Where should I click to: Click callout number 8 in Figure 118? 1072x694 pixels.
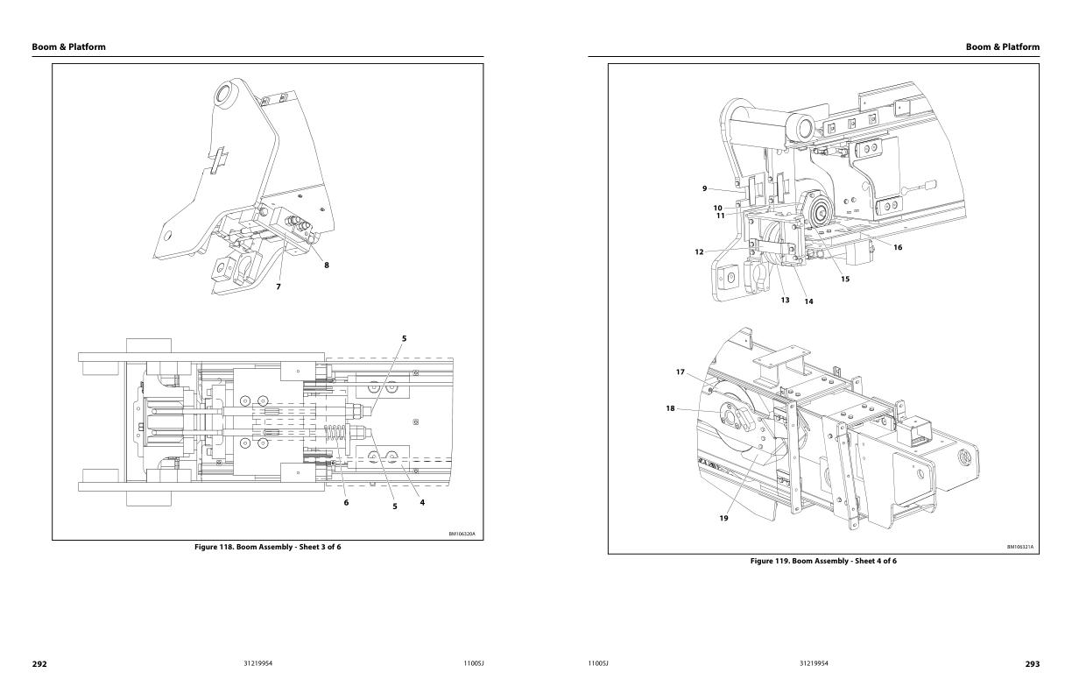[327, 266]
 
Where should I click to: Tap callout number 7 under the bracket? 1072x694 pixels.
[279, 287]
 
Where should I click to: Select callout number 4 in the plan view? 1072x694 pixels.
[422, 502]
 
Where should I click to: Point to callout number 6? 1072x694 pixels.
[346, 502]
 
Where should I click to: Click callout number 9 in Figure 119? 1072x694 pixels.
[704, 188]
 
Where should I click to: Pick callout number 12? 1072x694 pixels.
[699, 252]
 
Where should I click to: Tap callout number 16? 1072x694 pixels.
[898, 247]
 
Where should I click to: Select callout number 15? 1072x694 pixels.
[845, 280]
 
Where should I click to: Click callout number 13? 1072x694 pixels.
[785, 300]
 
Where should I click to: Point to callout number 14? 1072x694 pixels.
[808, 301]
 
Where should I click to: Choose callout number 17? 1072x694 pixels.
[680, 372]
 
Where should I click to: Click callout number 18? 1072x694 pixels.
[670, 408]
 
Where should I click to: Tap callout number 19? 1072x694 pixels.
[723, 519]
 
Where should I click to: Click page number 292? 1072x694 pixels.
[39, 664]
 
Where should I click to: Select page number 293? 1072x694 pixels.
[1032, 664]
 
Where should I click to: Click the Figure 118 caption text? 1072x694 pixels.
[267, 547]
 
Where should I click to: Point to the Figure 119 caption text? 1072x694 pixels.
[823, 561]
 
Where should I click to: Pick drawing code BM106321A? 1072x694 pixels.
[1019, 547]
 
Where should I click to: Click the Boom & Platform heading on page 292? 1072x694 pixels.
[68, 47]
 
